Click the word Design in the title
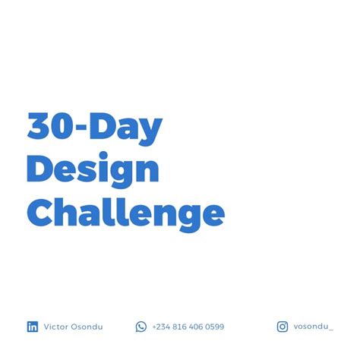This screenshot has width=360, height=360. pyautogui.click(x=93, y=169)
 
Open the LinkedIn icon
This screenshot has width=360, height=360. pyautogui.click(x=33, y=327)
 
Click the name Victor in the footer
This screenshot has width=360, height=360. pyautogui.click(x=56, y=327)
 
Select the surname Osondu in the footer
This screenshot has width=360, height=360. pyautogui.click(x=87, y=327)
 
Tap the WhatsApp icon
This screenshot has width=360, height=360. pyautogui.click(x=141, y=327)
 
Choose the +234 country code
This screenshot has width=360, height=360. pyautogui.click(x=161, y=327)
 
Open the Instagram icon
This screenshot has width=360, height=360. pyautogui.click(x=283, y=327)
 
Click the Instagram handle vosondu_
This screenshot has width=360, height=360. pyautogui.click(x=313, y=327)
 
